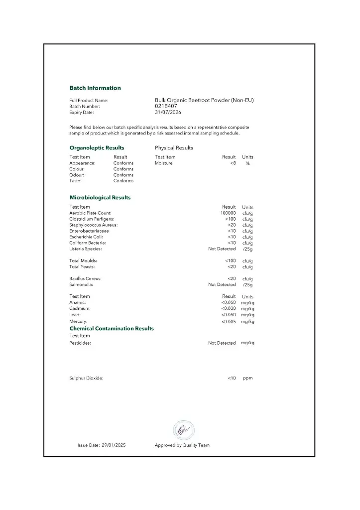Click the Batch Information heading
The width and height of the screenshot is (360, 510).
95,88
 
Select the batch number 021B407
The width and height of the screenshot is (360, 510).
166,106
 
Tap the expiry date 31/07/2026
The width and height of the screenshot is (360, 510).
168,113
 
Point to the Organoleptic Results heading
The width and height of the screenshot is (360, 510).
97,148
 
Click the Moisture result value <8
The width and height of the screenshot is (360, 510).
233,163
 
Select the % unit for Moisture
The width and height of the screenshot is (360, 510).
247,163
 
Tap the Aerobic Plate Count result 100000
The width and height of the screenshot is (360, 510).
228,213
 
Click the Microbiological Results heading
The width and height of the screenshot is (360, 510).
100,198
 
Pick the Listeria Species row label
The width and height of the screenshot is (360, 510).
86,249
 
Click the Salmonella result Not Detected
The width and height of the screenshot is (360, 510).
222,285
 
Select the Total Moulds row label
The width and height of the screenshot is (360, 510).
83,260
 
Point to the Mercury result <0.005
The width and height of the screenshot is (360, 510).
229,322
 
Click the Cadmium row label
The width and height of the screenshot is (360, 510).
80,309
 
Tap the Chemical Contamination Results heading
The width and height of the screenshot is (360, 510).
112,329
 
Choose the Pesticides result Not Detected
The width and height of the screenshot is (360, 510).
222,343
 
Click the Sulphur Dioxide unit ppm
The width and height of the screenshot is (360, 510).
247,378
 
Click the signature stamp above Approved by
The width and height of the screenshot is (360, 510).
183,429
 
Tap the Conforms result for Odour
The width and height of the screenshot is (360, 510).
123,175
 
